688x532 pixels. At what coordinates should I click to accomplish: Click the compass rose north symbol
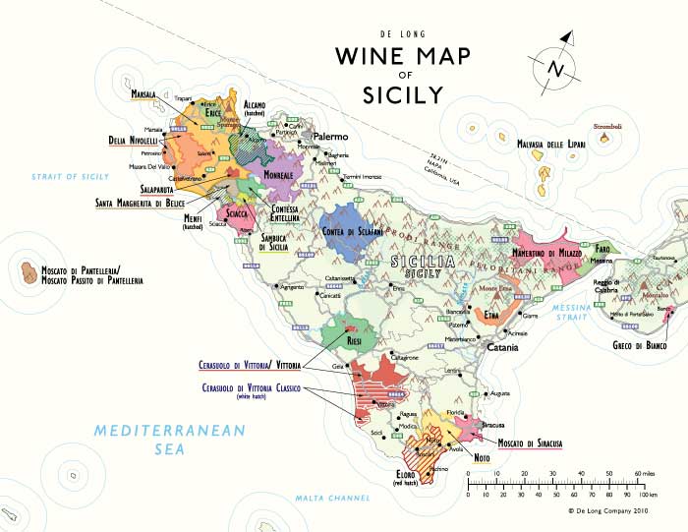point(553,68)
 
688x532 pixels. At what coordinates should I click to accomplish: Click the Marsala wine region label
point(145,94)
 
